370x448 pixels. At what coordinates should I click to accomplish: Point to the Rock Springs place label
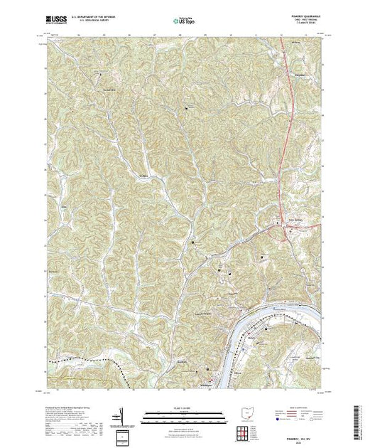294,228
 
